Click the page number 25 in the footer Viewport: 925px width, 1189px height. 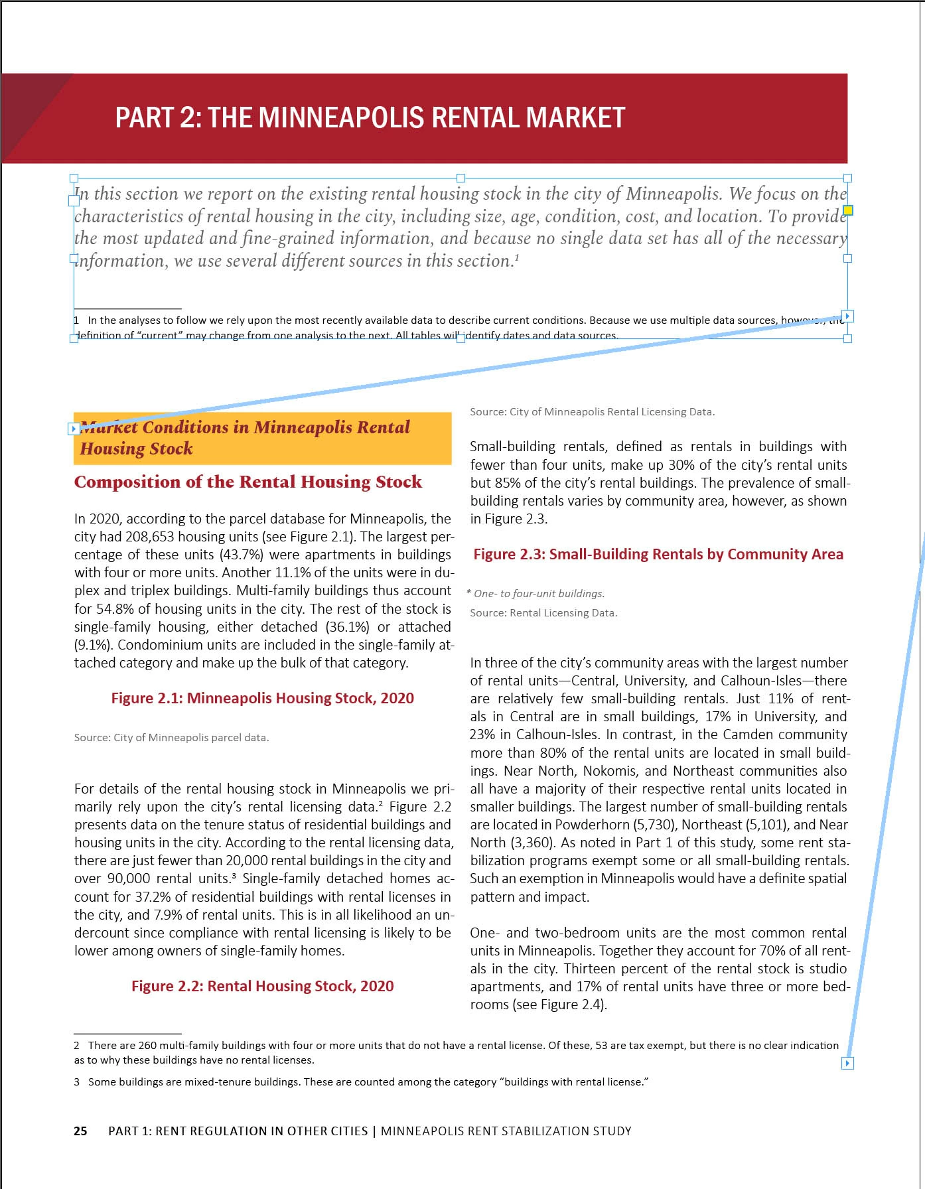tap(80, 1131)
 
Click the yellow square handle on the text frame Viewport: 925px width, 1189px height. tap(847, 211)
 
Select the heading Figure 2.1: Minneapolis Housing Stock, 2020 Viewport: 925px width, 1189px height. tap(262, 698)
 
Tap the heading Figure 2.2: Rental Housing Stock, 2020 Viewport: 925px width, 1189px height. tap(262, 986)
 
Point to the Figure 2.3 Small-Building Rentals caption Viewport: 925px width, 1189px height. tap(658, 555)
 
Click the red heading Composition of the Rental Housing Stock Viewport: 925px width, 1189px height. tap(248, 482)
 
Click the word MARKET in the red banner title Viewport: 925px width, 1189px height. tap(575, 118)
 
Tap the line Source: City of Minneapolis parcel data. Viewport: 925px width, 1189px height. tap(171, 738)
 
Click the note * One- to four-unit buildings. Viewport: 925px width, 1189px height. tap(536, 594)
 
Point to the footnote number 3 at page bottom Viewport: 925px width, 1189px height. tap(77, 1082)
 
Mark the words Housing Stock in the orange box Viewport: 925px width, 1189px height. tap(136, 449)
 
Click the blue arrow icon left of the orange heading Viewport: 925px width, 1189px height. tap(74, 429)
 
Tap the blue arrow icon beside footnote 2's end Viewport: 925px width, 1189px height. tap(847, 1064)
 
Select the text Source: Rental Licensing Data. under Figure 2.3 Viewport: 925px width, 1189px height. tap(543, 613)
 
